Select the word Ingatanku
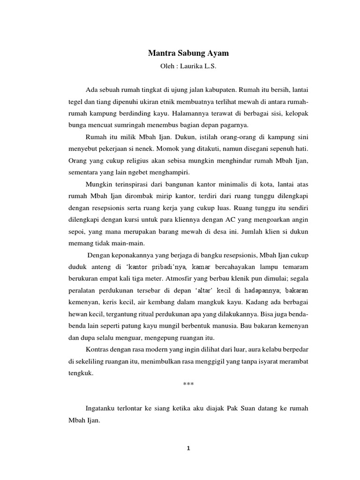pos(101,408)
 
